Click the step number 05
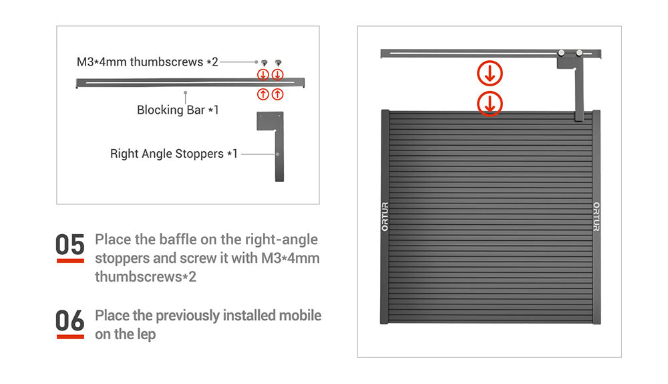point(70,244)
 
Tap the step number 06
point(70,320)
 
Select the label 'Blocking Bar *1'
point(178,110)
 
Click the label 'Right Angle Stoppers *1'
point(174,154)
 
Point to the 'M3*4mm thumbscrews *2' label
point(148,62)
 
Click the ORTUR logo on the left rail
point(385,217)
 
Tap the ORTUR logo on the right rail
point(597,217)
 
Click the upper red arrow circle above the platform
point(490,74)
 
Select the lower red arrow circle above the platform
point(490,104)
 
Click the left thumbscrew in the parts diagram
point(264,63)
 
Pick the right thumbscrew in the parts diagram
point(278,63)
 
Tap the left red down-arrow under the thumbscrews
point(263,75)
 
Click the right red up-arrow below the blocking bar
point(277,94)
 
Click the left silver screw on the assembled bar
point(562,53)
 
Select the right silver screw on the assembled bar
point(579,53)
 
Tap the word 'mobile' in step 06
point(300,315)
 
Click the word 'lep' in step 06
point(146,334)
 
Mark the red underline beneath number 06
point(70,337)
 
